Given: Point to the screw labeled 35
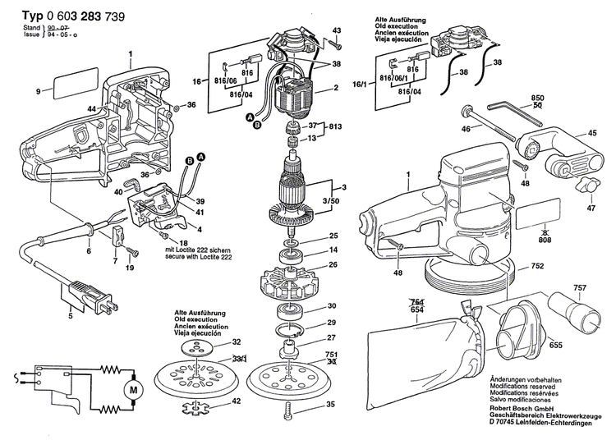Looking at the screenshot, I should pos(287,409).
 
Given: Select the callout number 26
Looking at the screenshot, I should pos(333,264).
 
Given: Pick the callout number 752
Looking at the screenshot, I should pos(536,268).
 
